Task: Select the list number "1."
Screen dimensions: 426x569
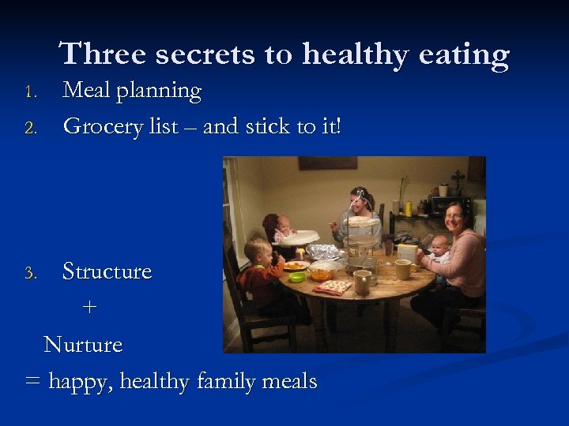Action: [31, 92]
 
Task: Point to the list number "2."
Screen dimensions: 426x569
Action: [31, 128]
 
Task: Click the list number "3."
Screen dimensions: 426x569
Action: [31, 274]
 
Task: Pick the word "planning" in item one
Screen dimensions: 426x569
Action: [160, 92]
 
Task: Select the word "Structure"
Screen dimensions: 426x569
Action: [107, 271]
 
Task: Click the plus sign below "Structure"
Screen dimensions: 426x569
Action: [90, 308]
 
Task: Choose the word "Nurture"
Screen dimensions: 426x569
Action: [83, 345]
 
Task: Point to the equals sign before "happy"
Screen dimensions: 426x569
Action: [32, 382]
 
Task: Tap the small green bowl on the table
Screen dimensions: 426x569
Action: [297, 277]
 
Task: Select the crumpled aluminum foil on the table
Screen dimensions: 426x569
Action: [323, 252]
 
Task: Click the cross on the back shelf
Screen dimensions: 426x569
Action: [457, 177]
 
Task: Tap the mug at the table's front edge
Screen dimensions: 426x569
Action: [363, 282]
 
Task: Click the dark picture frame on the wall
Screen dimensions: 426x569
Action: [327, 163]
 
